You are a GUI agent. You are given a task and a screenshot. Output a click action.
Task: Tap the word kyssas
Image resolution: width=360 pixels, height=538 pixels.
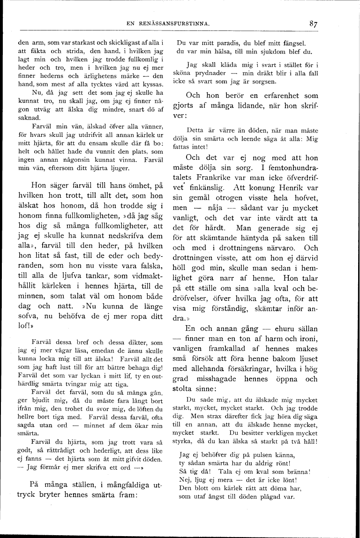[x=151, y=84]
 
